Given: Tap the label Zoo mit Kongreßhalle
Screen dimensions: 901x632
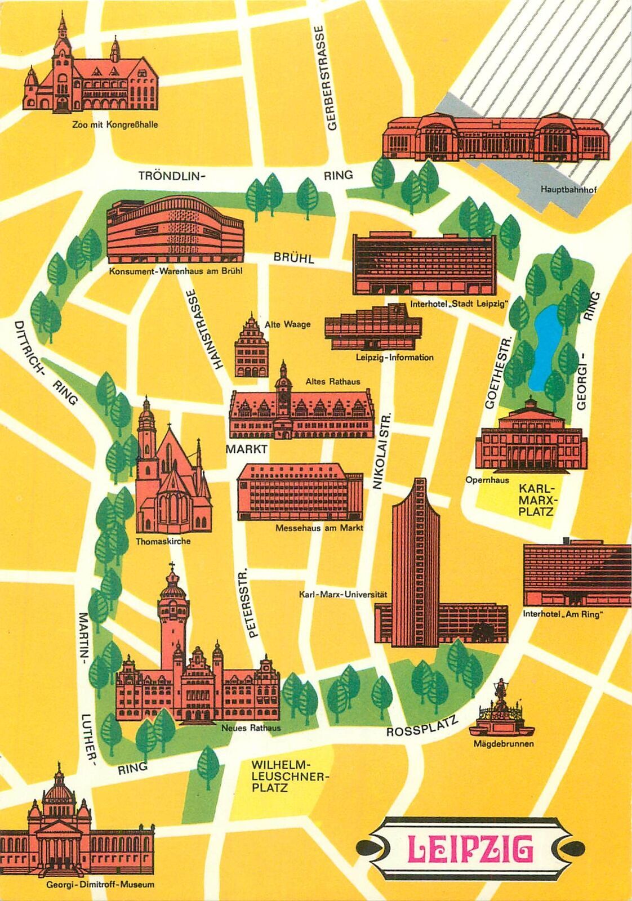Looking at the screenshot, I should (x=115, y=125).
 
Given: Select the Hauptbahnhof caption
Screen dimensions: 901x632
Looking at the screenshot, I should (x=568, y=190).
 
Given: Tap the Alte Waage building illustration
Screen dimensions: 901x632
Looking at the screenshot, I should (x=251, y=348).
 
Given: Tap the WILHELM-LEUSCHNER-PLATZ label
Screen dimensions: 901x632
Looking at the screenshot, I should (x=281, y=776).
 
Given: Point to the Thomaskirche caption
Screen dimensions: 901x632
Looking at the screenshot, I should (x=163, y=541).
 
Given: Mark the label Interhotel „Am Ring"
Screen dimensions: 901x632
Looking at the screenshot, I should (x=562, y=614).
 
